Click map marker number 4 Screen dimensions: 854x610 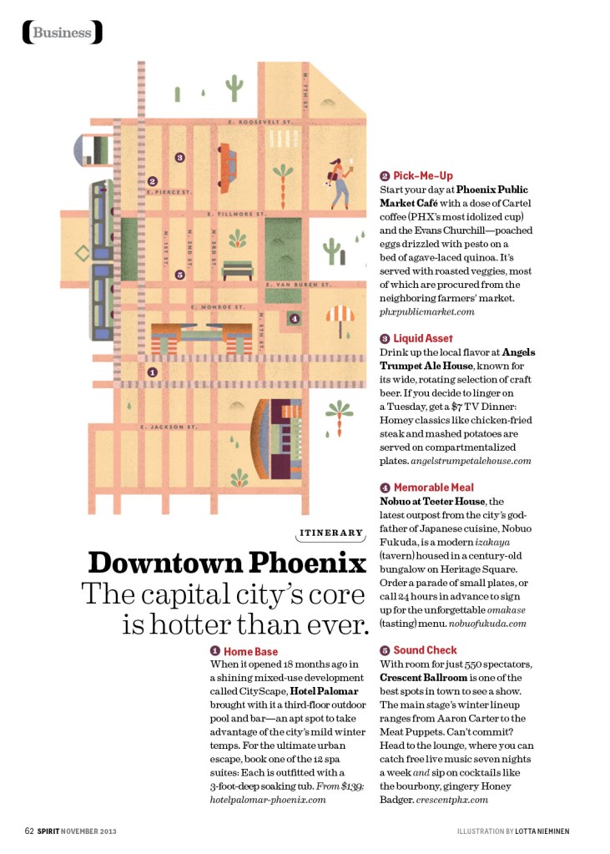pos(293,318)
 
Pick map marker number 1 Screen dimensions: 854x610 pos(152,372)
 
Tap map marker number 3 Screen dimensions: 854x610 pos(179,157)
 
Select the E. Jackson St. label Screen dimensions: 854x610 pos(169,427)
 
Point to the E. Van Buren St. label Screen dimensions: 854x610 pos(299,285)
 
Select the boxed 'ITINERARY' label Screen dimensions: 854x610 pos(331,533)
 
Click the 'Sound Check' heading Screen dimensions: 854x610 pos(425,650)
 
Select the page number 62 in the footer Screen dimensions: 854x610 pos(29,831)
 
